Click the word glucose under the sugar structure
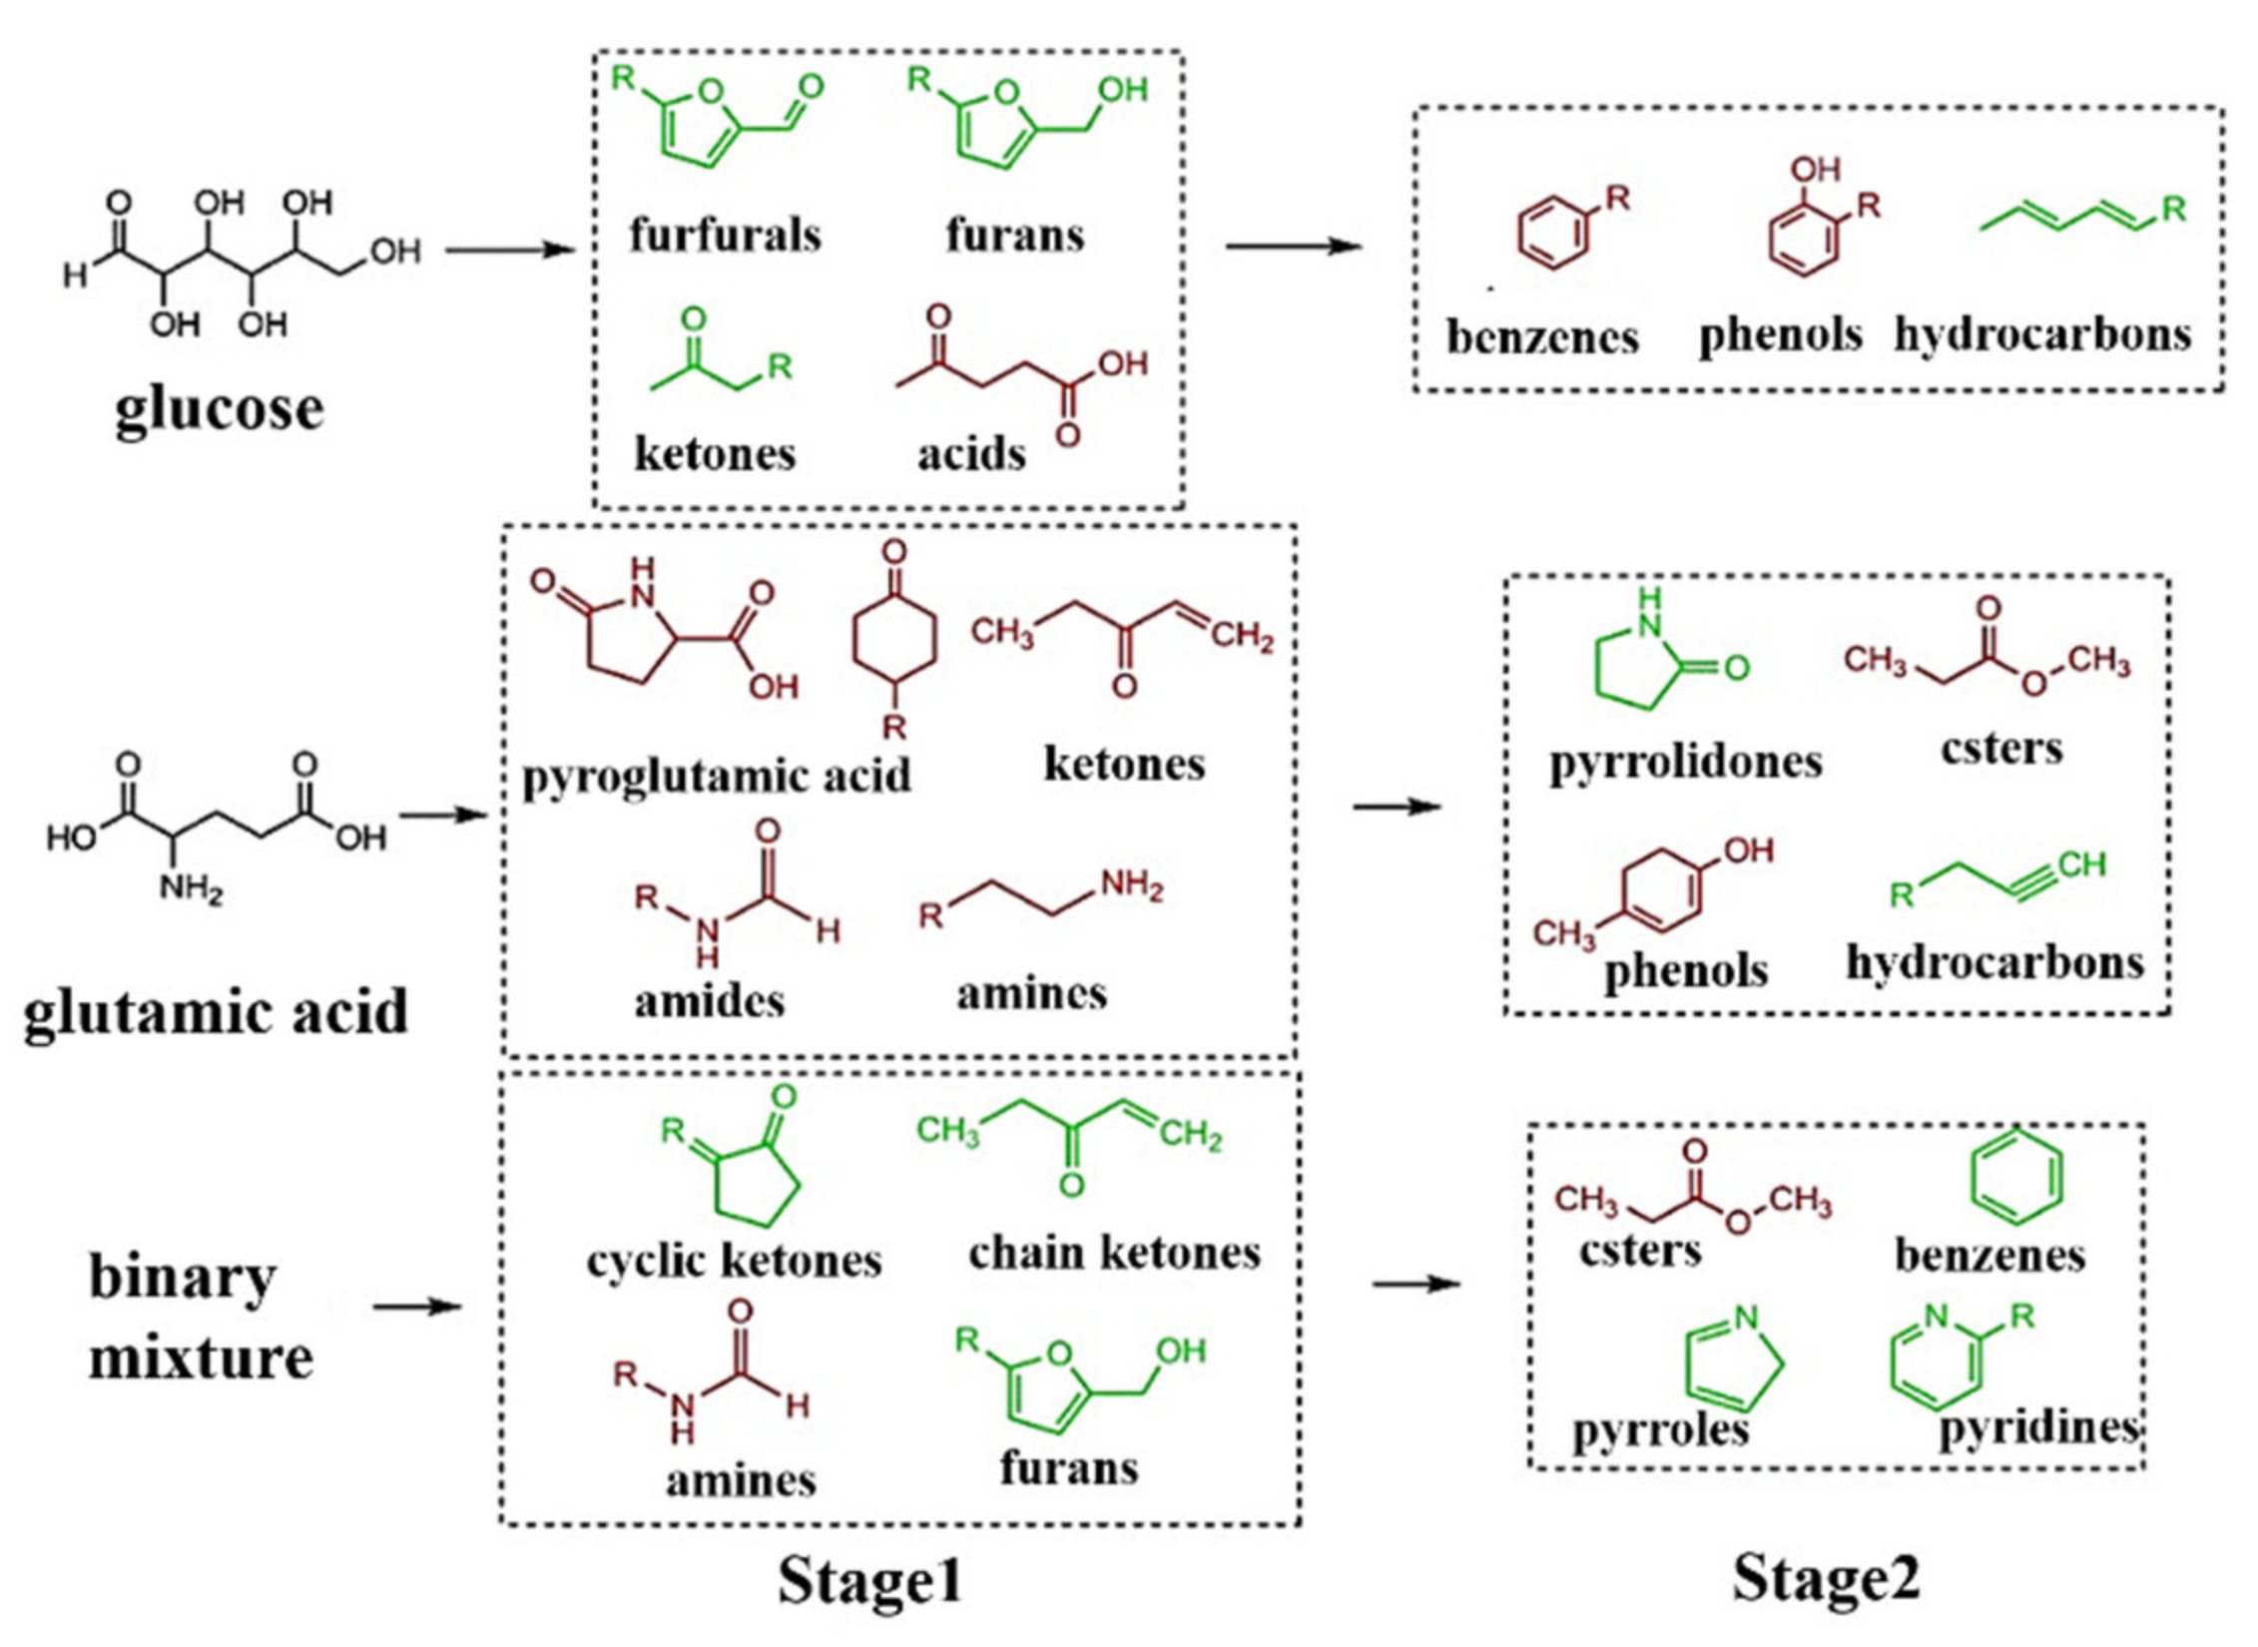pyautogui.click(x=219, y=408)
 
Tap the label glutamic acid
pyautogui.click(x=216, y=1011)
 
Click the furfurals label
pyautogui.click(x=725, y=236)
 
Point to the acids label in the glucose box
pyautogui.click(x=971, y=454)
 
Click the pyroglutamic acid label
pyautogui.click(x=716, y=776)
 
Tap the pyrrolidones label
pyautogui.click(x=1685, y=762)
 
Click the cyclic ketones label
pyautogui.click(x=734, y=1260)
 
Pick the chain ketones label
pyautogui.click(x=1114, y=1253)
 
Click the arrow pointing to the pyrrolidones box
pyautogui.click(x=1397, y=806)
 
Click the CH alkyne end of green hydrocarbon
pyautogui.click(x=2080, y=864)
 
